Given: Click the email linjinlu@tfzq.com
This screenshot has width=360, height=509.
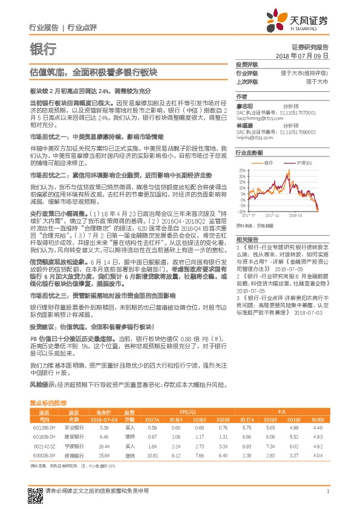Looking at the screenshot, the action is click(255, 138).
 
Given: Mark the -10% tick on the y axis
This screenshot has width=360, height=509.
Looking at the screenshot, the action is click(241, 212).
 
